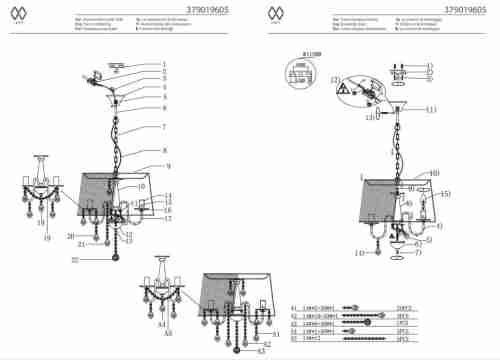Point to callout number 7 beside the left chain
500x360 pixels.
pos(162,127)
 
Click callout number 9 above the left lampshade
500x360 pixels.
pos(169,165)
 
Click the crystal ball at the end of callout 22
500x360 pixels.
pos(117,261)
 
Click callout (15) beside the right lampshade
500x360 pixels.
pos(446,194)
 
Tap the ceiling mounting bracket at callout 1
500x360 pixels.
pos(118,67)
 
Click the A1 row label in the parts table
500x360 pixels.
pos(294,308)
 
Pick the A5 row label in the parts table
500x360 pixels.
pos(294,340)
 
